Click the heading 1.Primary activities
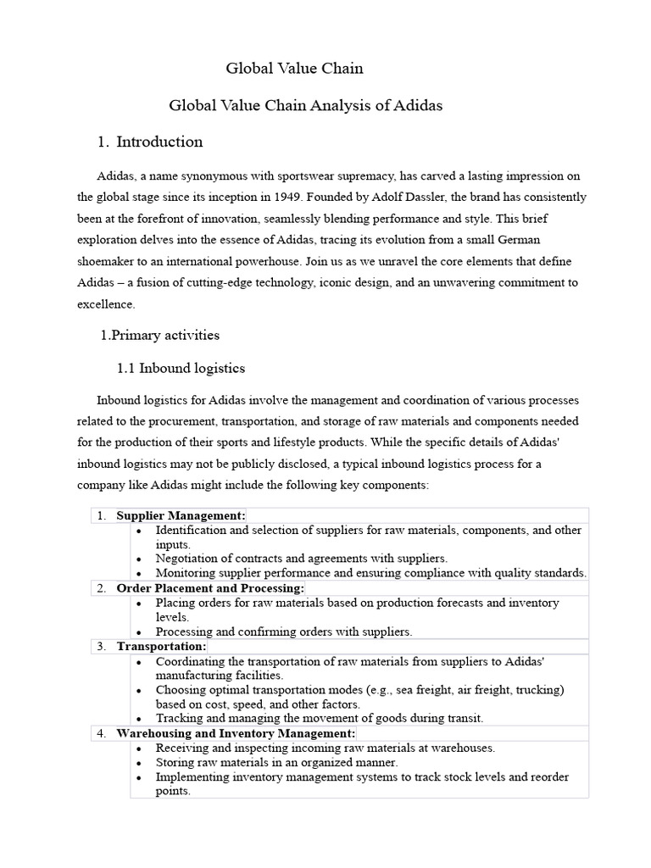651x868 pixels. (x=160, y=335)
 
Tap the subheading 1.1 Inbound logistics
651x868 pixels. (x=181, y=368)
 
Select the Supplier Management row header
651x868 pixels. (x=181, y=515)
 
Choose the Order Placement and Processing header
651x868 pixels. (x=209, y=588)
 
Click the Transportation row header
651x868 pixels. (x=161, y=646)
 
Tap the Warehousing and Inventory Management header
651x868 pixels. (x=236, y=733)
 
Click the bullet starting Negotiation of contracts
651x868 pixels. (x=301, y=559)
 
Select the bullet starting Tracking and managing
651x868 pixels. (x=319, y=718)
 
